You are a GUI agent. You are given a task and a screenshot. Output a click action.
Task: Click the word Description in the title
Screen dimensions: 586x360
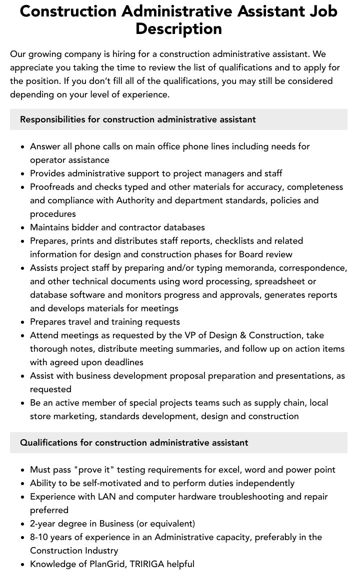pos(178,29)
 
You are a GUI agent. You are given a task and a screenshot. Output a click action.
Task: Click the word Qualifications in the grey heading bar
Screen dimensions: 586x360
pos(56,443)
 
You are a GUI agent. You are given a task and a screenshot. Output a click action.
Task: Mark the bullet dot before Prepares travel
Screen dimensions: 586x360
pos(23,322)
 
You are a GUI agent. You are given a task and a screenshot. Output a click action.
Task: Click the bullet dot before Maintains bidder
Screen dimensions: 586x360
pos(23,228)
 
